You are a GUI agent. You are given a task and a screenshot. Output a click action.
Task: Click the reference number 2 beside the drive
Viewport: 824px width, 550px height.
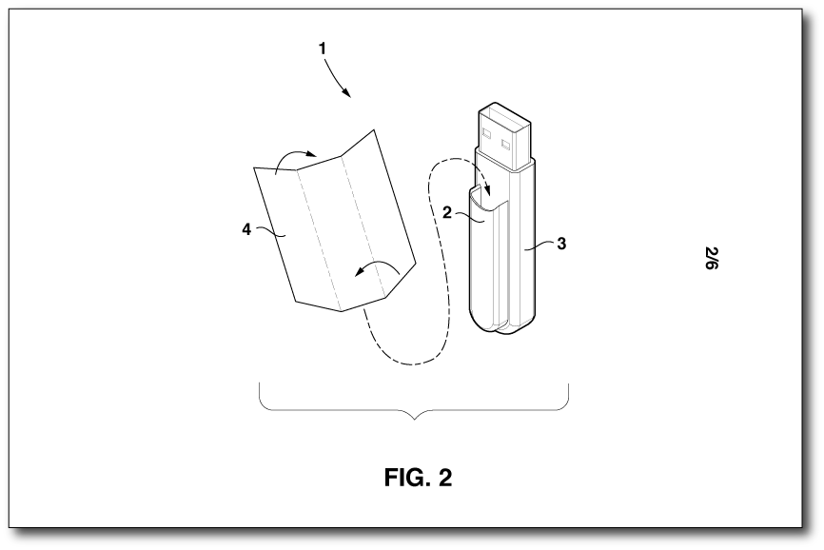(x=446, y=213)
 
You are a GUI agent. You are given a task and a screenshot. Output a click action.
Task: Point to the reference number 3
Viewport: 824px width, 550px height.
(x=561, y=244)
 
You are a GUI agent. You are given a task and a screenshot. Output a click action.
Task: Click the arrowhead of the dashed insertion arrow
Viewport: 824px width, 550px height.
(x=488, y=195)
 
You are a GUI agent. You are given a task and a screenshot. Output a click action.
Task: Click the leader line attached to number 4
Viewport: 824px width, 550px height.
(x=270, y=231)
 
